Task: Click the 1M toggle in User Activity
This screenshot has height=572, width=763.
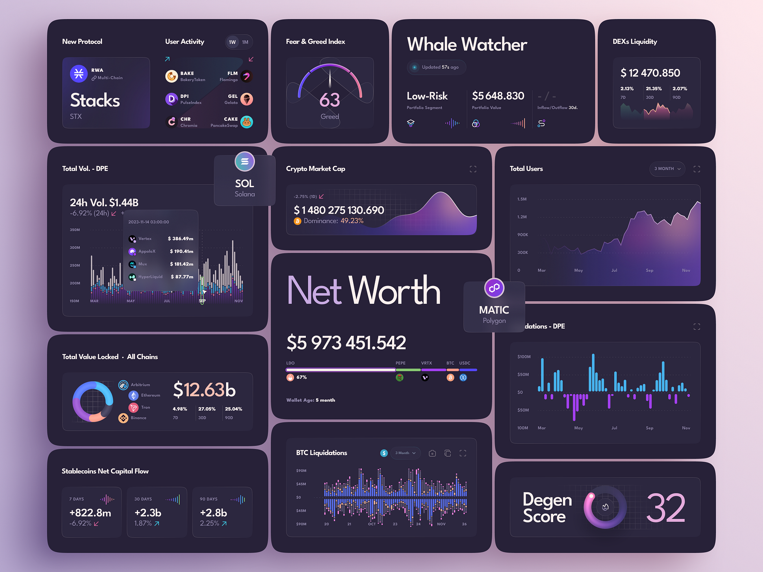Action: [x=245, y=42]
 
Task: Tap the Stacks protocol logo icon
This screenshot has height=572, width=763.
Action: [x=79, y=73]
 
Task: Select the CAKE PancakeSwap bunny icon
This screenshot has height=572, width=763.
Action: [x=247, y=122]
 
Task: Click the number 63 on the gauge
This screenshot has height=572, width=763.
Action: [x=330, y=100]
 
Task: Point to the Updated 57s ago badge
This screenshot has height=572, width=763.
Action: [x=436, y=67]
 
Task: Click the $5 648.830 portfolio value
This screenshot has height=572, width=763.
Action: [x=498, y=96]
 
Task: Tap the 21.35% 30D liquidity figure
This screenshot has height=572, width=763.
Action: [x=653, y=89]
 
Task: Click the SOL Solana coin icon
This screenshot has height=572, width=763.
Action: [x=244, y=162]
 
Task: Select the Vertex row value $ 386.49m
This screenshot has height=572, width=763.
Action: [x=180, y=239]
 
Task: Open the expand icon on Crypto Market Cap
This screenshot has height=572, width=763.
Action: [x=473, y=169]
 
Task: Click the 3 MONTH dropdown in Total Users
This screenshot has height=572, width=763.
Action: [x=667, y=169]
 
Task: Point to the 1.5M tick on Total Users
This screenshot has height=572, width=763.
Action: [x=522, y=199]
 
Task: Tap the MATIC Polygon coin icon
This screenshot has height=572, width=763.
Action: [x=494, y=288]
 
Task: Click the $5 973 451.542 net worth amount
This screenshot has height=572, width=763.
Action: [x=346, y=343]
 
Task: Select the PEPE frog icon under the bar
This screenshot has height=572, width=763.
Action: [x=399, y=378]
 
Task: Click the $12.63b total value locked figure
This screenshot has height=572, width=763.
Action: [x=204, y=390]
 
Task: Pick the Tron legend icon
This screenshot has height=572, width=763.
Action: [x=133, y=407]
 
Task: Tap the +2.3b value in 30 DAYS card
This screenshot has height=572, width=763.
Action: [x=148, y=513]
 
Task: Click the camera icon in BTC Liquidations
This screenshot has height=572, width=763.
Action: [x=432, y=453]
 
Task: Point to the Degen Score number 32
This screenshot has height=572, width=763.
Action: [x=665, y=508]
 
